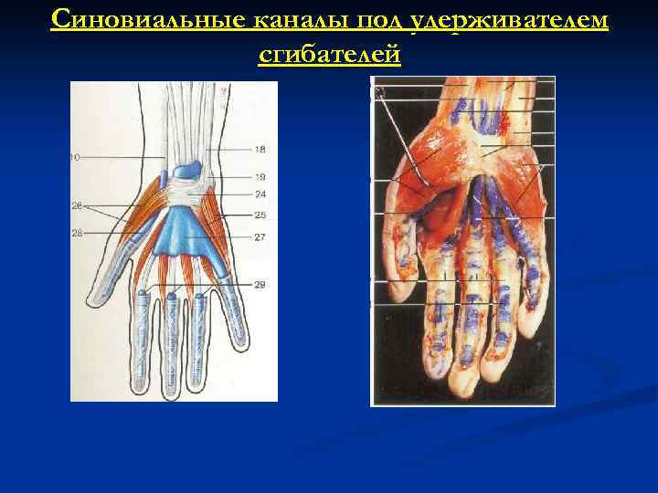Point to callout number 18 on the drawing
tap(260, 149)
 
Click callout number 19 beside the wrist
tap(260, 175)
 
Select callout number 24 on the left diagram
tap(260, 194)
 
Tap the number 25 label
tap(260, 215)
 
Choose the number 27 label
tap(260, 236)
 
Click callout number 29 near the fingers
tap(260, 285)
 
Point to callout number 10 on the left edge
tap(75, 157)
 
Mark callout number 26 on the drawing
tap(76, 205)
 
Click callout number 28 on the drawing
tap(76, 233)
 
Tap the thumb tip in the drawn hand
tap(91, 301)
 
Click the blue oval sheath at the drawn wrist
tap(188, 169)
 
